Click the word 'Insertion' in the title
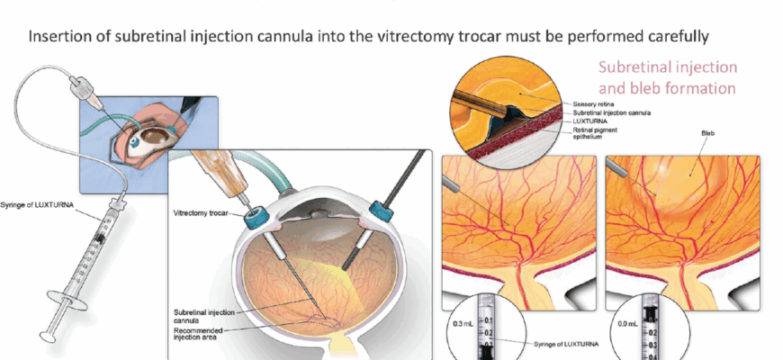[x=61, y=39]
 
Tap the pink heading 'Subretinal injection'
[x=668, y=67]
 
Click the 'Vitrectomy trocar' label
[x=202, y=213]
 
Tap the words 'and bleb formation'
[x=668, y=88]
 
